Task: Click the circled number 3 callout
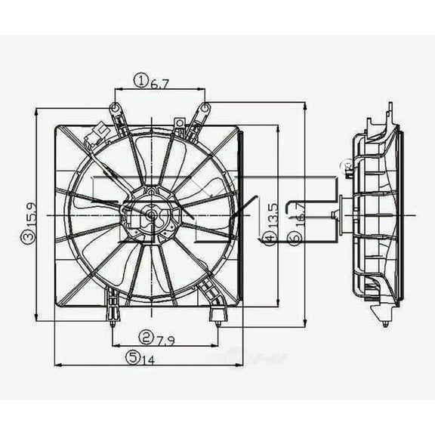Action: point(27,238)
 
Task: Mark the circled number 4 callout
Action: point(270,239)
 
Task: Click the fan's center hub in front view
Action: point(150,216)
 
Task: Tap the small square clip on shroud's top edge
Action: point(179,123)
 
